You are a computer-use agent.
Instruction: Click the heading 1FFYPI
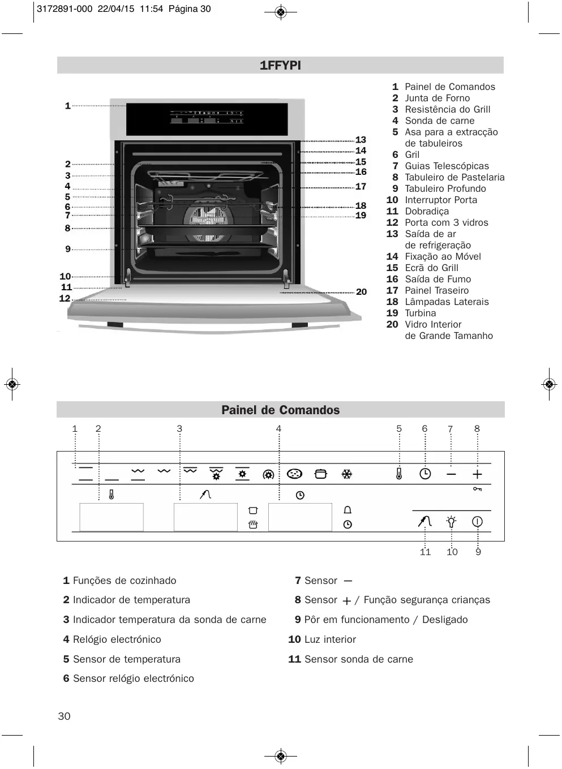pyautogui.click(x=280, y=66)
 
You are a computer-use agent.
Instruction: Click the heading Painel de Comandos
pyautogui.click(x=280, y=410)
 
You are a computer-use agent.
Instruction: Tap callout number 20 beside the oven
pyautogui.click(x=361, y=292)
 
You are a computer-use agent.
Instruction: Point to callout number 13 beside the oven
pyautogui.click(x=361, y=140)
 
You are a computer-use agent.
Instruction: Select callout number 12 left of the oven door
pyautogui.click(x=65, y=298)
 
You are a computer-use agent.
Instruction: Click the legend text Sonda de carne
pyautogui.click(x=439, y=121)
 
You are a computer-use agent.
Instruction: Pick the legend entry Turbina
pyautogui.click(x=420, y=313)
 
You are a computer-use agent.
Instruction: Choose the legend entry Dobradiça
pyautogui.click(x=426, y=211)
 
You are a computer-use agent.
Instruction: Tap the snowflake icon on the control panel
pyautogui.click(x=347, y=474)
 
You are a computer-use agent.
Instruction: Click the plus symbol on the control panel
pyautogui.click(x=477, y=474)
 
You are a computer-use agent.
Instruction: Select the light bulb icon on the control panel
pyautogui.click(x=451, y=521)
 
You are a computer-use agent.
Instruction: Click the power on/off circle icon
pyautogui.click(x=477, y=521)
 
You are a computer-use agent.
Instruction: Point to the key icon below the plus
pyautogui.click(x=477, y=489)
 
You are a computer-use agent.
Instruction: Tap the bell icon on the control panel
pyautogui.click(x=348, y=510)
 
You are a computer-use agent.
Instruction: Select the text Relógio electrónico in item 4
pyautogui.click(x=117, y=639)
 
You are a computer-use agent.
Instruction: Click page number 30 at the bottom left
pyautogui.click(x=65, y=716)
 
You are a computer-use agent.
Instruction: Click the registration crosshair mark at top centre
pyautogui.click(x=281, y=12)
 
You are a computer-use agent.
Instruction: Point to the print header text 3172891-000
pyautogui.click(x=64, y=9)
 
